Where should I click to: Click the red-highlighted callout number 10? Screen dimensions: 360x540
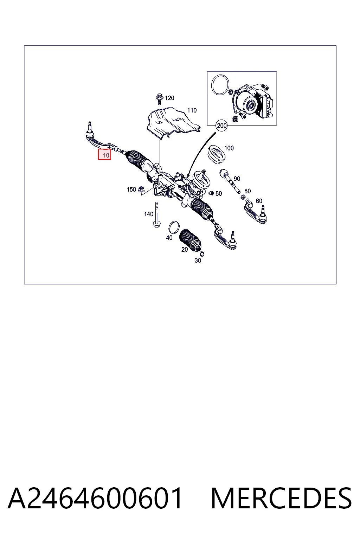tap(104, 155)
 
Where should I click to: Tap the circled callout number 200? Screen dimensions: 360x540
tap(221, 126)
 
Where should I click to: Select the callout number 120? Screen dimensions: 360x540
tap(169, 98)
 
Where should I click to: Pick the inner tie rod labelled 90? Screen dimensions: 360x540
tap(230, 181)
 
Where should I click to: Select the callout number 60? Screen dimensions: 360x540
tap(259, 201)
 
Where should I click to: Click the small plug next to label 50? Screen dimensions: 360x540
tap(212, 193)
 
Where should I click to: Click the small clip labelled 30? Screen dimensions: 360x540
tap(202, 254)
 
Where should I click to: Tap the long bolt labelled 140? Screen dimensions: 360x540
tap(156, 214)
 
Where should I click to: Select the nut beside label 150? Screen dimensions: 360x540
tap(141, 190)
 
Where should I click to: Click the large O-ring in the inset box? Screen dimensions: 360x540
tap(220, 85)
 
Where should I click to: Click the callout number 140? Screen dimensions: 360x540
tap(148, 214)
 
